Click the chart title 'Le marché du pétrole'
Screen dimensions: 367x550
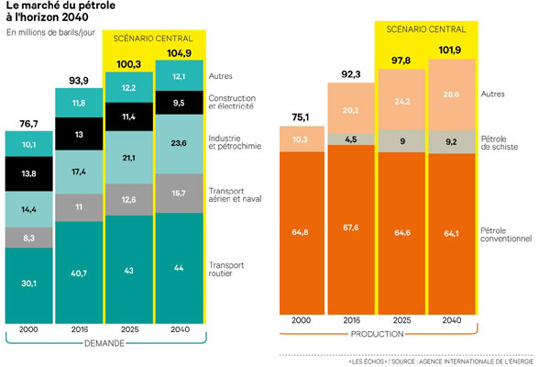coord(57,8)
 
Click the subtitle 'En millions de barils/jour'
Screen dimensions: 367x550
coord(51,34)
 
